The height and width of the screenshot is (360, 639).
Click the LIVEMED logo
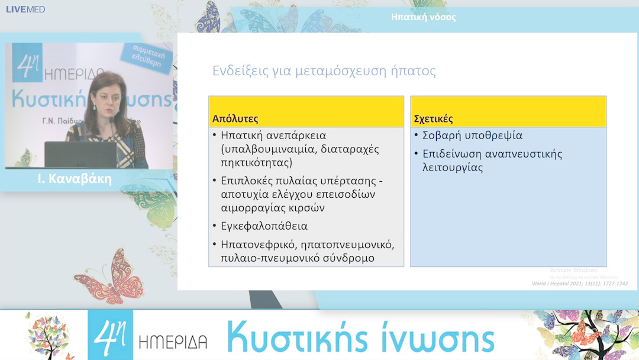(x=25, y=9)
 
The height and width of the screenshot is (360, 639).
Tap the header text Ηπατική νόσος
(x=424, y=17)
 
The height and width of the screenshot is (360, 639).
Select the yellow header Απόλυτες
(x=235, y=118)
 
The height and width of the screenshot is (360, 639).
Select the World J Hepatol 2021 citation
(x=579, y=284)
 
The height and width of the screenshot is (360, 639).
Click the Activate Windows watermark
(x=573, y=271)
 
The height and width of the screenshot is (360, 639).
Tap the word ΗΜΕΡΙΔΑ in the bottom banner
(x=173, y=342)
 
